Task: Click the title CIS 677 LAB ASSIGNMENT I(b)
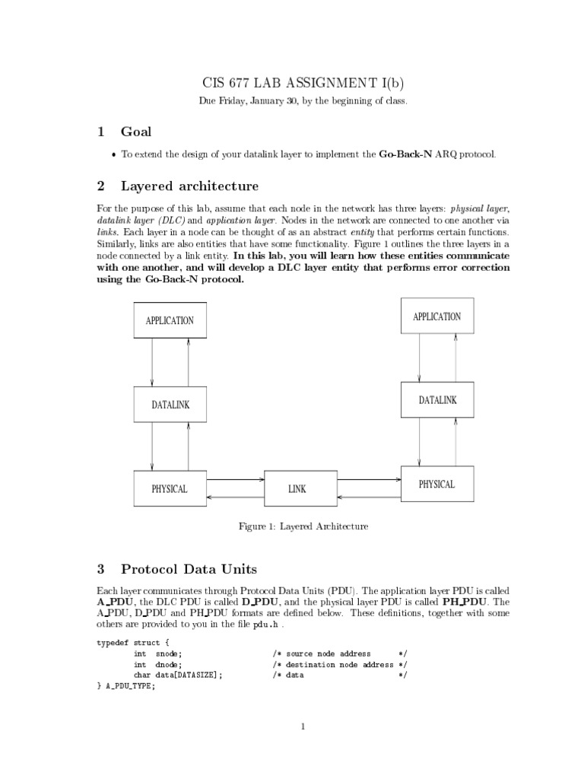tap(302, 83)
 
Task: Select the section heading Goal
tap(137, 132)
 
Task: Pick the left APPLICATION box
tap(170, 320)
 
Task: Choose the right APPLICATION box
tap(436, 316)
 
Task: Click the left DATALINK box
tap(170, 405)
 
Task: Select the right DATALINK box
tap(437, 400)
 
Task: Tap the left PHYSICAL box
tap(170, 488)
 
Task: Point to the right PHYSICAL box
tap(436, 485)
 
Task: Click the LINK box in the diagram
tap(297, 489)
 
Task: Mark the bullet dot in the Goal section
tap(114, 155)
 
